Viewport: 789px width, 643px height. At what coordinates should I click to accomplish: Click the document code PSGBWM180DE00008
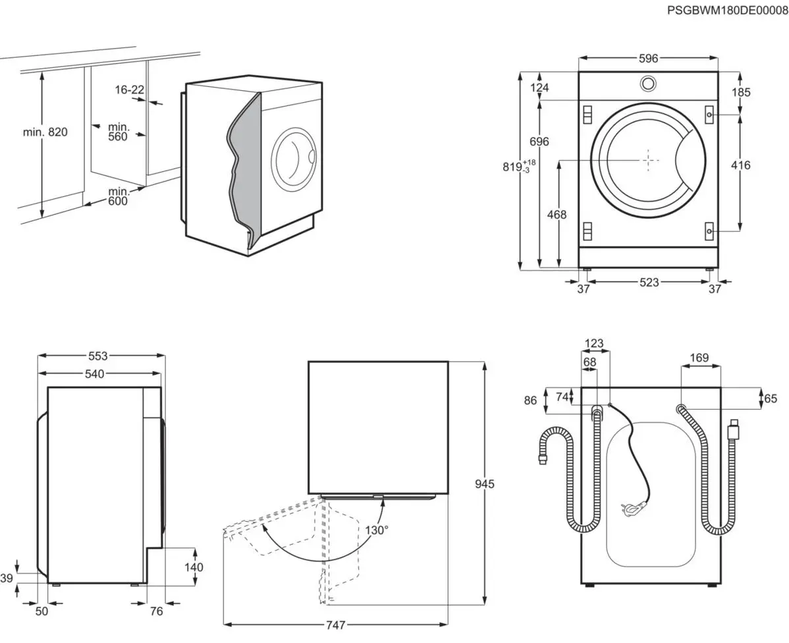(727, 10)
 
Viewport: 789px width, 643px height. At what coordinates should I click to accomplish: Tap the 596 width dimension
(648, 59)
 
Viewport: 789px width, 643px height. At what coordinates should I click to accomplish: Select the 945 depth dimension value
(485, 484)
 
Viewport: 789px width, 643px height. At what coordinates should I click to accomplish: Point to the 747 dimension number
(336, 625)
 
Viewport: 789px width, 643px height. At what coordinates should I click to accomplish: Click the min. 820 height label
(45, 132)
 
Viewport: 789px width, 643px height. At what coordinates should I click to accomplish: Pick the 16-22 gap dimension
(128, 90)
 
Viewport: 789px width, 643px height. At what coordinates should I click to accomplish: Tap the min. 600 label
(119, 196)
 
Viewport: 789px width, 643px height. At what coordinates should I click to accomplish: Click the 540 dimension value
(95, 374)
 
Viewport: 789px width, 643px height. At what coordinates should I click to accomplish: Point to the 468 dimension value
(557, 214)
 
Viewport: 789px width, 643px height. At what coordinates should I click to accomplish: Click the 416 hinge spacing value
(741, 165)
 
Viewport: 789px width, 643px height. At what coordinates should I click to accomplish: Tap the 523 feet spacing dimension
(649, 283)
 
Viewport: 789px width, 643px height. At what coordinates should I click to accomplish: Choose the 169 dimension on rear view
(699, 358)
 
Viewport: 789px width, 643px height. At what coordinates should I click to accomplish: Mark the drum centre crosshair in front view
(649, 159)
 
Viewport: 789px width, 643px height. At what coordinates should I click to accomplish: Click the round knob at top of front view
(648, 83)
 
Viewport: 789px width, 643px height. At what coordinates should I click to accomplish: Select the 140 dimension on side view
(194, 567)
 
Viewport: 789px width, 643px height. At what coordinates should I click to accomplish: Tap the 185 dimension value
(742, 92)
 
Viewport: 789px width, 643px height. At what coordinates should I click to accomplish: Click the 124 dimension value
(540, 88)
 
